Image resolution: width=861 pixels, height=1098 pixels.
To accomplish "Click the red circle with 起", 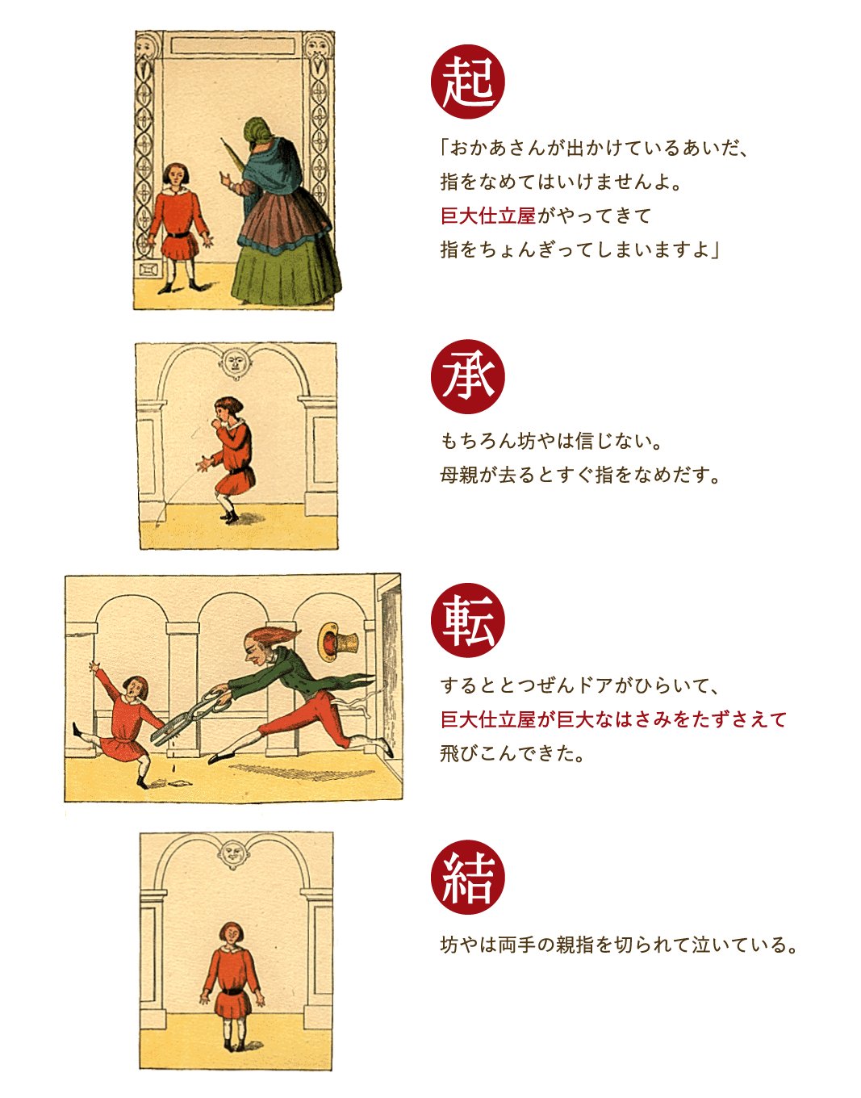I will click(467, 82).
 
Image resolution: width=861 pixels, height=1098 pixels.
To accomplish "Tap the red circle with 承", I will click(467, 377).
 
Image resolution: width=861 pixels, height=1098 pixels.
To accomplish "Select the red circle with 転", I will click(467, 620).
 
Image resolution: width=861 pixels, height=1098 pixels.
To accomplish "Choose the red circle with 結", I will click(467, 878).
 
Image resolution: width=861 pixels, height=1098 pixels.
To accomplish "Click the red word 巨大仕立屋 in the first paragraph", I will click(487, 216).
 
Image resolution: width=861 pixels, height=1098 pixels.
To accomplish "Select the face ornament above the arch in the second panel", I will click(234, 360).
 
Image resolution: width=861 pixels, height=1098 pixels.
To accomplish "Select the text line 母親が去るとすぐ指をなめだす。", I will click(579, 475).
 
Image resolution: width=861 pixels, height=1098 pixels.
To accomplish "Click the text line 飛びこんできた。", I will click(512, 753).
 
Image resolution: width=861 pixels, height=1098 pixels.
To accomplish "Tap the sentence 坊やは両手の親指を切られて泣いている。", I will click(618, 945).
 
